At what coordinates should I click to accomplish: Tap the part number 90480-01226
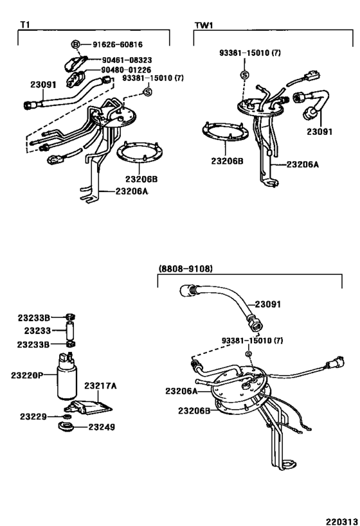[125, 70]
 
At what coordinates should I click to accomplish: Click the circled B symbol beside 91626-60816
[75, 44]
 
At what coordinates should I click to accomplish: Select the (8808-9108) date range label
[185, 269]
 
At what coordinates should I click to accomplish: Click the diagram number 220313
[338, 518]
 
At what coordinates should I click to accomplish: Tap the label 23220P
[26, 374]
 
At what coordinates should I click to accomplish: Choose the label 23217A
[100, 386]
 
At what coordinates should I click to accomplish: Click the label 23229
[31, 417]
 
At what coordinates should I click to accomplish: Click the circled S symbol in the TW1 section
[244, 76]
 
